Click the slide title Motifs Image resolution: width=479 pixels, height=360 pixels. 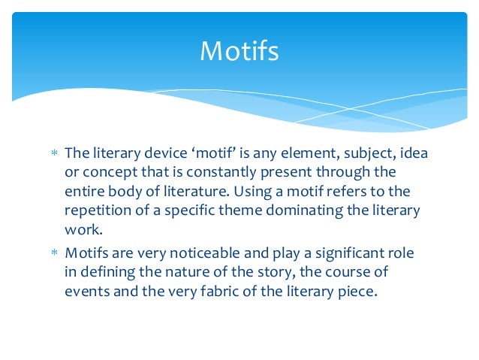click(239, 52)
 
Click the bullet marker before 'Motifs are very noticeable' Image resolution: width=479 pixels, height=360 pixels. click(53, 254)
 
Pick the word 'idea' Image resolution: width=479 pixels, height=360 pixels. click(414, 153)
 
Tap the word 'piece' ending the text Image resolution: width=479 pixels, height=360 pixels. click(354, 291)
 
